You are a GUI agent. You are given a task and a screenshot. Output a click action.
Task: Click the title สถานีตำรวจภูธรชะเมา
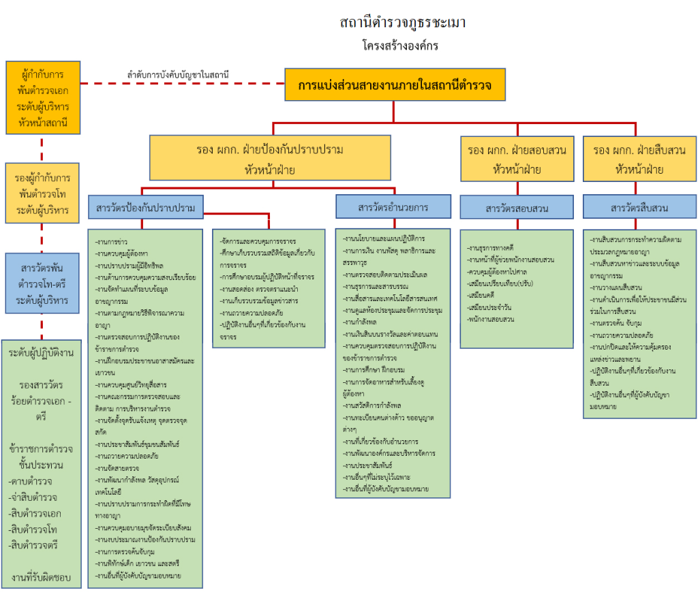tap(403, 22)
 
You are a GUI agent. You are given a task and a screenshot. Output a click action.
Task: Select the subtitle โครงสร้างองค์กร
tap(400, 46)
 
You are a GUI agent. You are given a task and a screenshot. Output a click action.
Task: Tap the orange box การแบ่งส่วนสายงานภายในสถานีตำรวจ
tap(395, 85)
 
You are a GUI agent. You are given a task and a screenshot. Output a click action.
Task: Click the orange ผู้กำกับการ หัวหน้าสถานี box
tap(43, 97)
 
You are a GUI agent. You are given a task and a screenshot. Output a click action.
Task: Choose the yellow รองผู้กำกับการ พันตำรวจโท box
tap(43, 193)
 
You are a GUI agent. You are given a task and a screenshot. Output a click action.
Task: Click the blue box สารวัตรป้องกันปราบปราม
tap(146, 207)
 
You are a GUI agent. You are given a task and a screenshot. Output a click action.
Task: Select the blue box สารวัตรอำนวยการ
tap(393, 206)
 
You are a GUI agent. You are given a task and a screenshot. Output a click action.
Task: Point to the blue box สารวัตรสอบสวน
tap(517, 208)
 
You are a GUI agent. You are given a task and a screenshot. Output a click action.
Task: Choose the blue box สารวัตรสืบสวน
tap(639, 208)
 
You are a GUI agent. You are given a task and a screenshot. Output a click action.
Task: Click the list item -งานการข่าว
tap(112, 241)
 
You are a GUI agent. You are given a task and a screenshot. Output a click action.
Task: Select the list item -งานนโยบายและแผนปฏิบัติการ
tap(385, 239)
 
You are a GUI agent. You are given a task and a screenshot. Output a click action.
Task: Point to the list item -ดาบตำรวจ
tap(31, 481)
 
